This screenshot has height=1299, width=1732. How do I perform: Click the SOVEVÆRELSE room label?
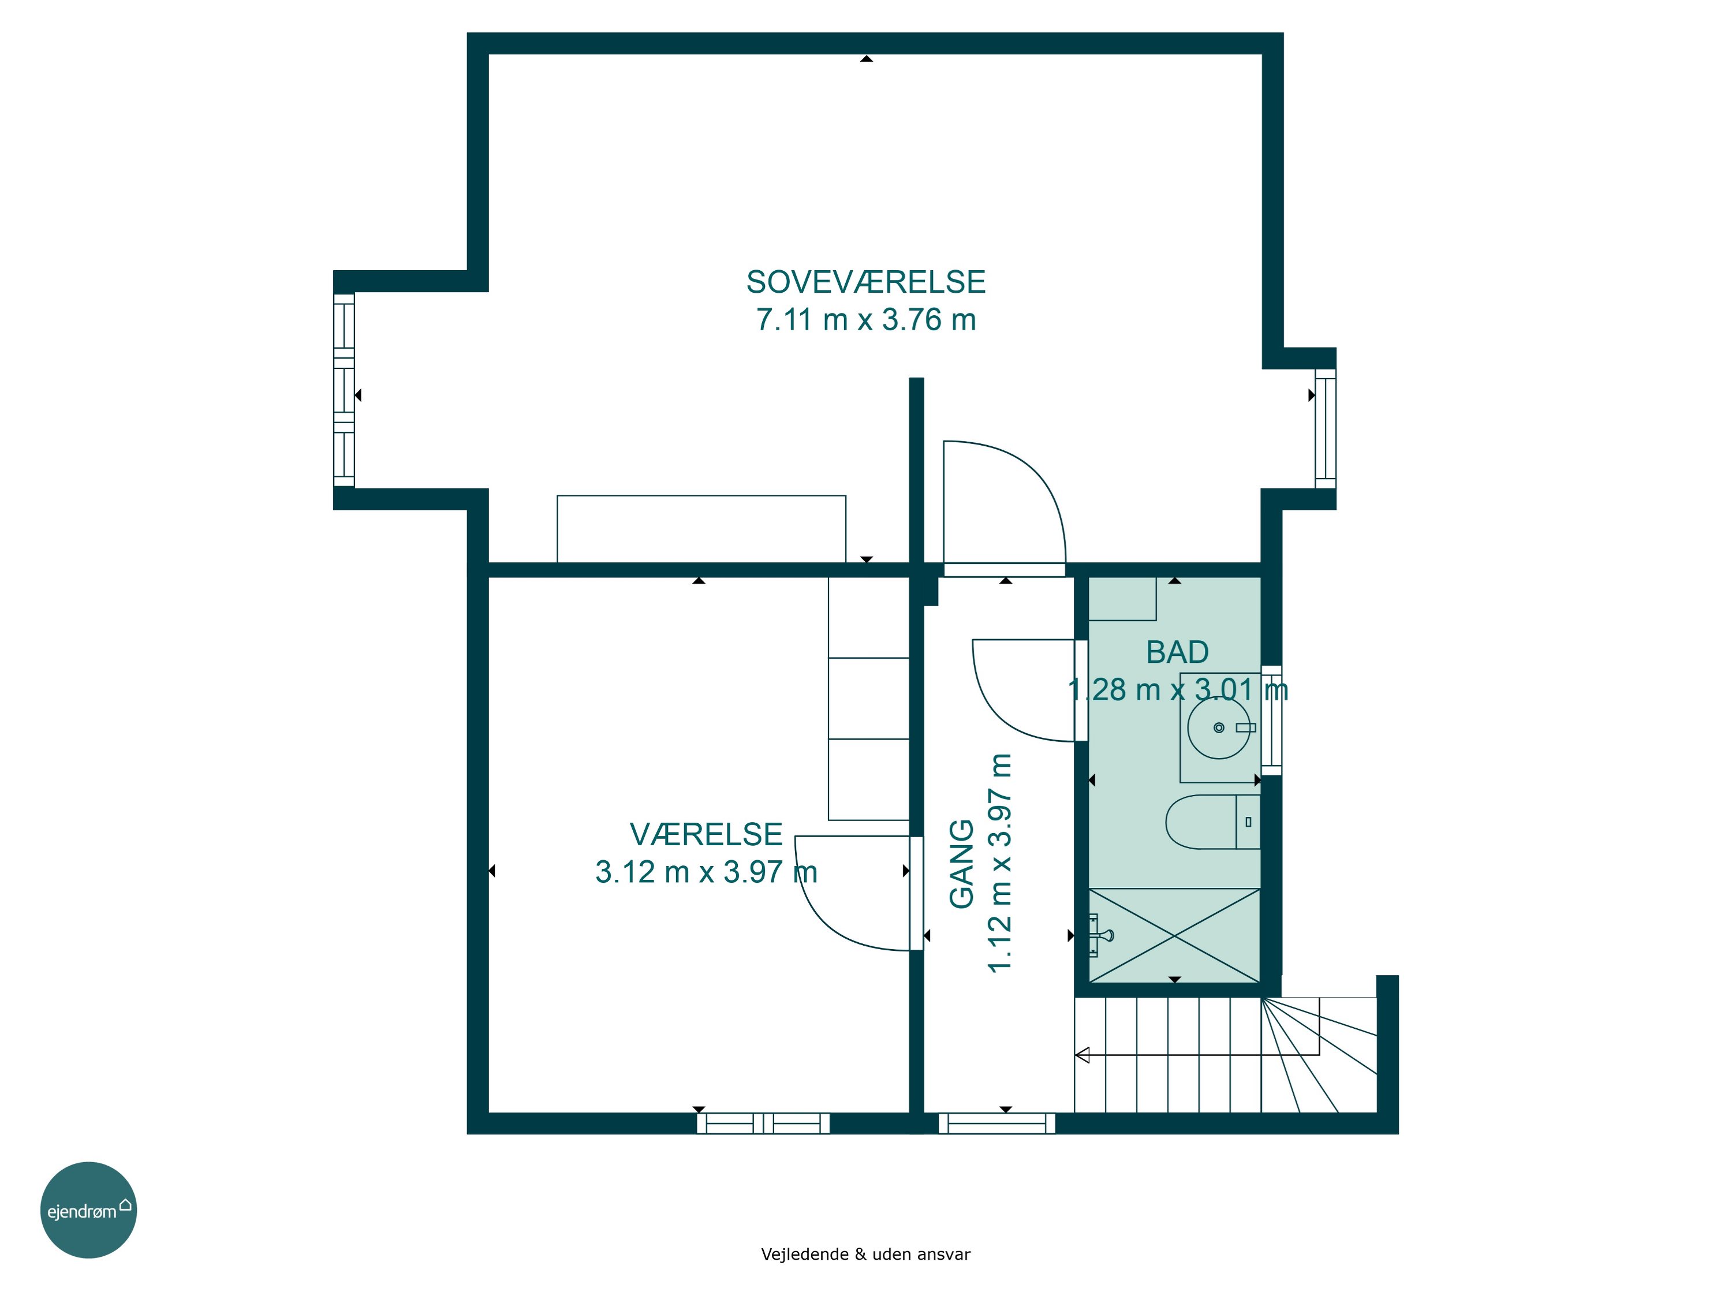pos(865,282)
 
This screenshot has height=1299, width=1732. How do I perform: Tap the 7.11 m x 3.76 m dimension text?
pos(865,319)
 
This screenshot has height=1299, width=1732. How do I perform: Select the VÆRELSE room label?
pos(706,835)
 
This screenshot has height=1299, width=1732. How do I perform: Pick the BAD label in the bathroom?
pos(1177,652)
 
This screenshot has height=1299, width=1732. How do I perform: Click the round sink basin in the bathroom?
pos(1218,728)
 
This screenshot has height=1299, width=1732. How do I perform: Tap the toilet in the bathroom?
pos(1212,822)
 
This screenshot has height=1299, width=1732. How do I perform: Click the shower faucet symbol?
pos(1099,935)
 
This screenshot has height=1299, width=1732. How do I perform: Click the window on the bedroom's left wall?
pos(344,390)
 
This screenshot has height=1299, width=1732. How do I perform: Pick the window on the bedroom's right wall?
pos(1325,428)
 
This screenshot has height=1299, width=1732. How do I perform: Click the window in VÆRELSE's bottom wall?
pos(763,1123)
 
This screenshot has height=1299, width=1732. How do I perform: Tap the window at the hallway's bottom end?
pos(996,1123)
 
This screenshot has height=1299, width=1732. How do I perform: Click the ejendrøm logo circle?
pos(88,1210)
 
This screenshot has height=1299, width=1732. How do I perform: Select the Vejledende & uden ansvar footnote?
pos(865,1255)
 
